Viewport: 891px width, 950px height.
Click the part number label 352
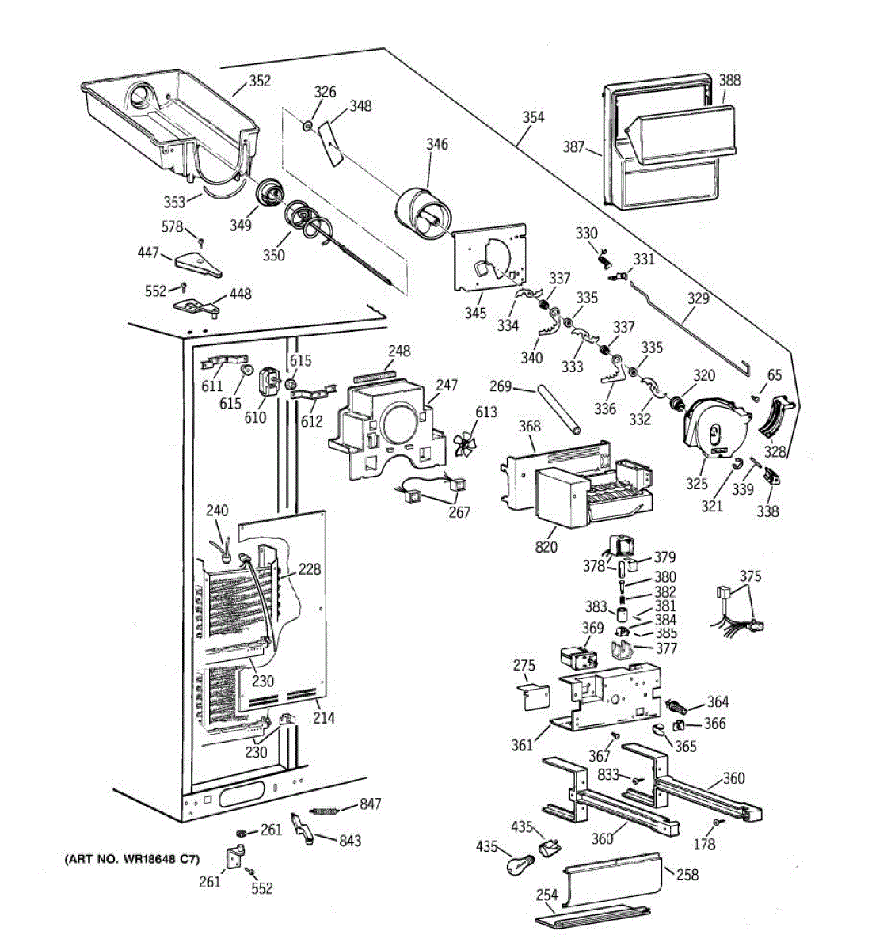260,81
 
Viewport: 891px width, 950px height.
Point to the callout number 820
546,546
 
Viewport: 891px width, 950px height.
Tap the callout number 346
437,144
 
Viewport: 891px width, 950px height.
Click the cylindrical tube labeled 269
559,409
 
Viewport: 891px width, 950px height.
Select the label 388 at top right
729,80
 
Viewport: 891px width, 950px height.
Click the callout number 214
324,717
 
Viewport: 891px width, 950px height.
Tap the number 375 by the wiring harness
750,576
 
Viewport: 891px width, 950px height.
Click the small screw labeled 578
201,242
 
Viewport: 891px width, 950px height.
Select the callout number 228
310,569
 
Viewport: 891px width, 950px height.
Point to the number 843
350,841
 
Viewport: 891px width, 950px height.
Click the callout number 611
212,386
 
